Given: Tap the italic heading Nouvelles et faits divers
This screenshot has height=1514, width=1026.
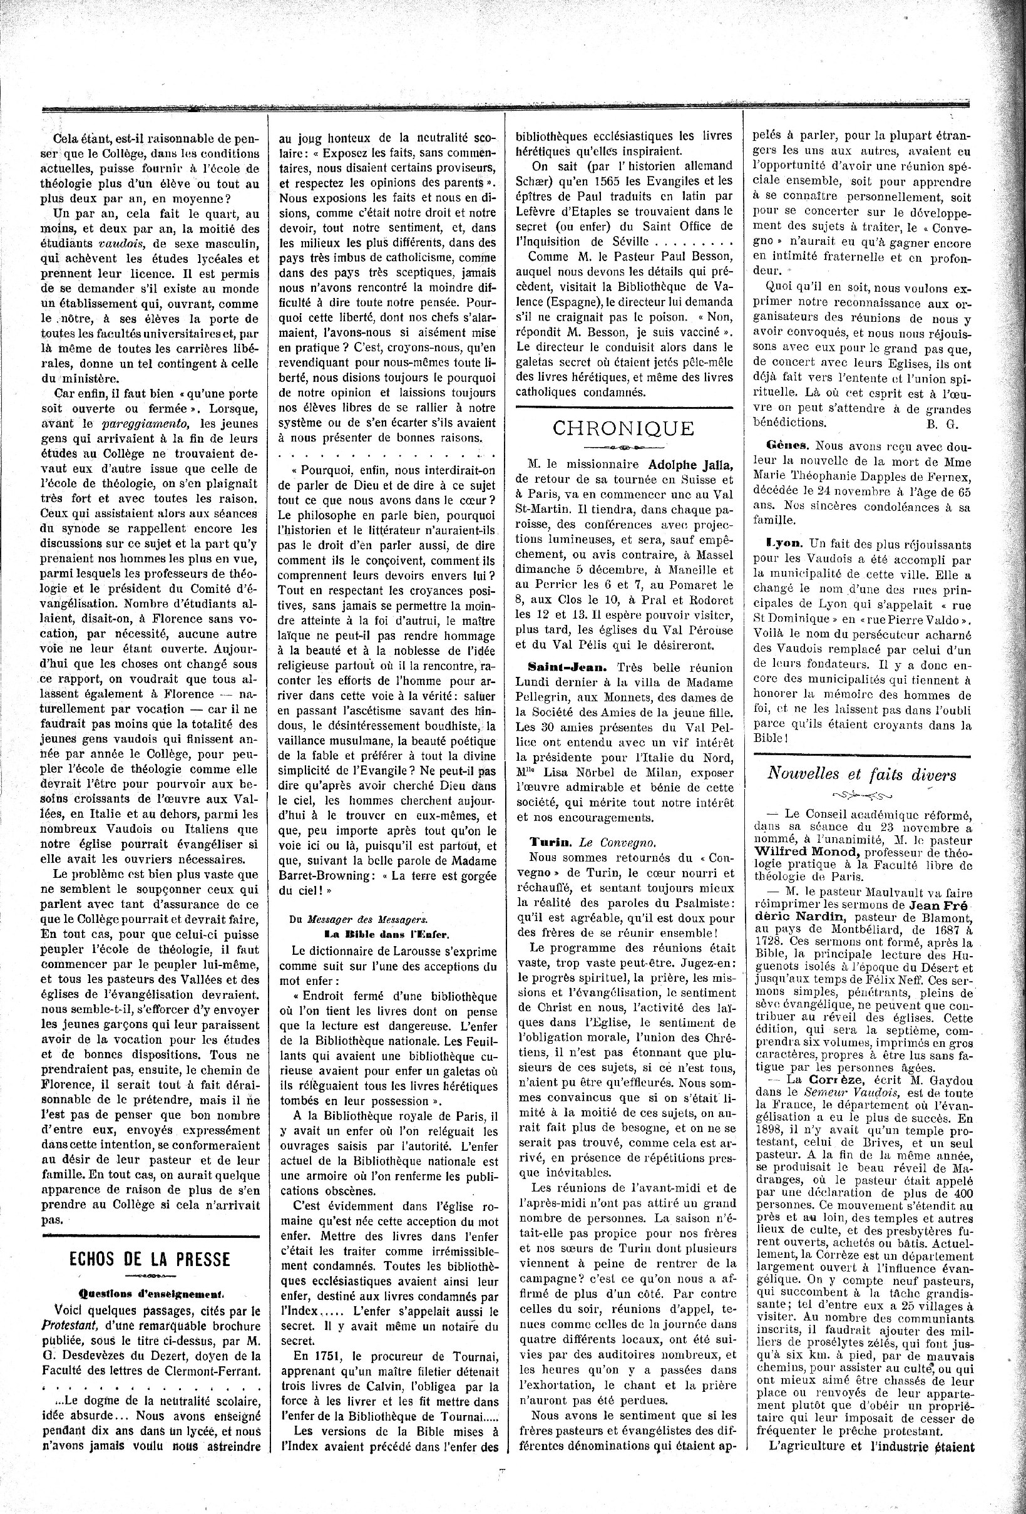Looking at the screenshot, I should click(861, 773).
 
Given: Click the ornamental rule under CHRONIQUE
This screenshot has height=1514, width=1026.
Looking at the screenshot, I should click(623, 448).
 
